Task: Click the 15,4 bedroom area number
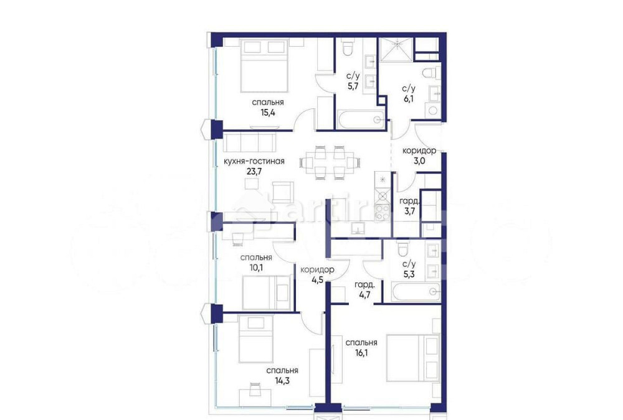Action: click(x=268, y=114)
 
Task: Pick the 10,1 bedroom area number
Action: click(x=256, y=269)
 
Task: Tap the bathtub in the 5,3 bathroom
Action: click(x=415, y=291)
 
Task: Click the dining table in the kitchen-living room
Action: click(x=330, y=162)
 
